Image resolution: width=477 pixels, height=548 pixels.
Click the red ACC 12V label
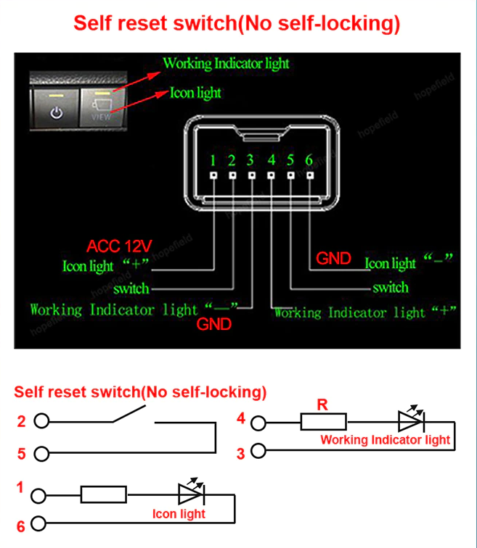(x=119, y=246)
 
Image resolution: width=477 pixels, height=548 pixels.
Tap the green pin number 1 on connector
(x=213, y=160)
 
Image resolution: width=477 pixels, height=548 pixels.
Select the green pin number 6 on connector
(x=309, y=160)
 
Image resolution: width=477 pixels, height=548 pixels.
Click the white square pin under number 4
(x=271, y=175)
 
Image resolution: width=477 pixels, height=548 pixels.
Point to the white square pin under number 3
(x=252, y=175)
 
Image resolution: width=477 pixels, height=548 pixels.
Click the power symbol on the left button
(x=57, y=113)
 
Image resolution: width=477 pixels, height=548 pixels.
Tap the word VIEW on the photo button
(x=101, y=117)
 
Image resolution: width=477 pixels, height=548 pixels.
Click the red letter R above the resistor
(x=322, y=404)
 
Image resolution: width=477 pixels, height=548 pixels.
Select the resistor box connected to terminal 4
(x=324, y=421)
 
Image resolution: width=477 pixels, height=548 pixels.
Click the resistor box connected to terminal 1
(x=104, y=494)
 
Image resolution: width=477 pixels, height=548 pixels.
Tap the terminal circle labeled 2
(x=41, y=420)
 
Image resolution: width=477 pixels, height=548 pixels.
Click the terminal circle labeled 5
(x=41, y=454)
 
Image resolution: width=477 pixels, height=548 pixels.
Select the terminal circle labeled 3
(x=258, y=450)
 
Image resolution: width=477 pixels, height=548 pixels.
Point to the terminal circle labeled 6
(x=38, y=523)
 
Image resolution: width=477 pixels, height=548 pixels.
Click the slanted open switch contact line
(x=129, y=413)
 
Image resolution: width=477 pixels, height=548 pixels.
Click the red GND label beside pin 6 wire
(x=333, y=259)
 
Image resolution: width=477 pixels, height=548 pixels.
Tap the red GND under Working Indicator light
(x=214, y=324)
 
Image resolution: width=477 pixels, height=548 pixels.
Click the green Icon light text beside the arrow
(x=195, y=93)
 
